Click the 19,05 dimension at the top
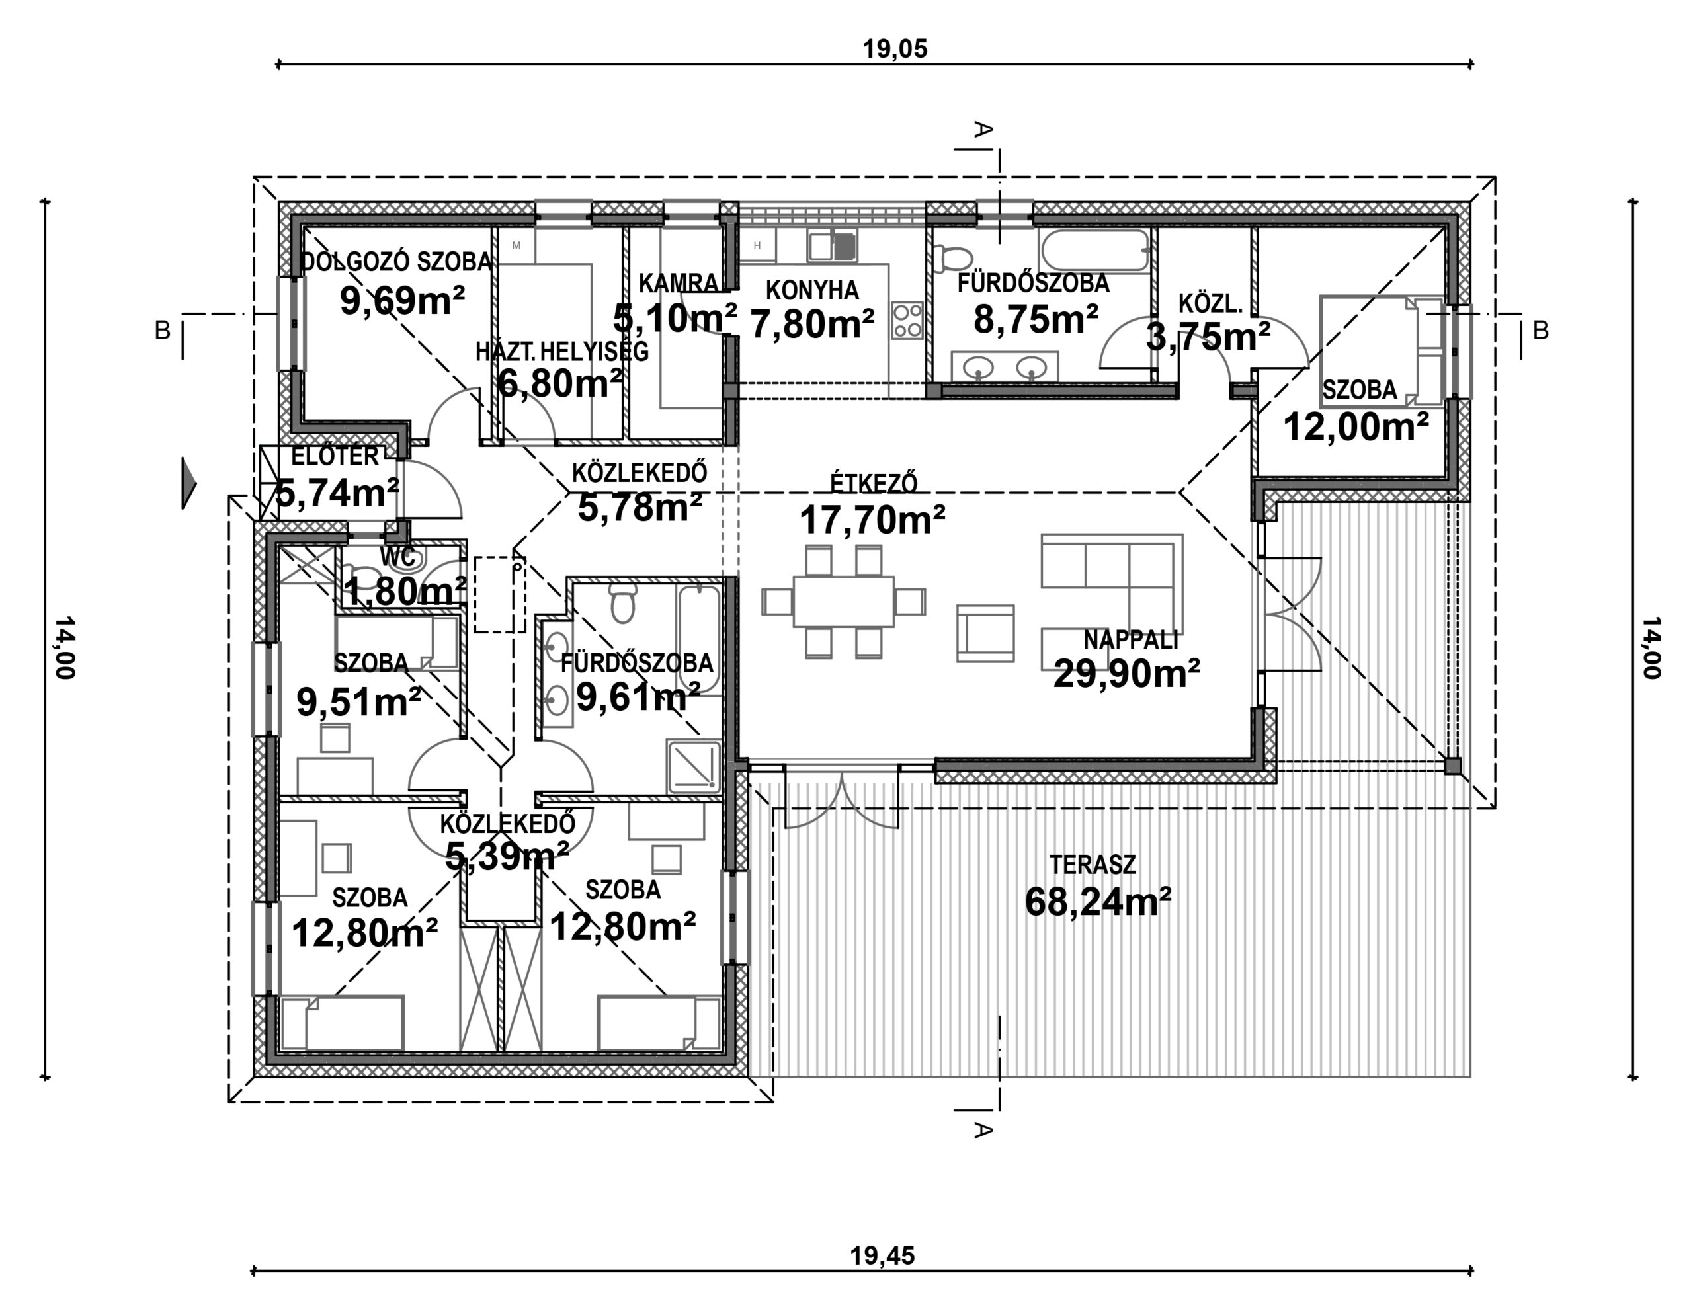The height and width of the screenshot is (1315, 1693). click(x=895, y=49)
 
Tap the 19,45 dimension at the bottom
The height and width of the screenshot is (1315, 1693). click(x=882, y=1255)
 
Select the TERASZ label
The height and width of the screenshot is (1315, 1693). click(x=1093, y=865)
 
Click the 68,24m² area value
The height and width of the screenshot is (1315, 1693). click(x=1098, y=901)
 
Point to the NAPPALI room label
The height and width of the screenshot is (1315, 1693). click(x=1130, y=640)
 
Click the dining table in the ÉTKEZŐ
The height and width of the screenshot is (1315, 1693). click(x=843, y=602)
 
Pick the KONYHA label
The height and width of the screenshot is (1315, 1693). click(x=811, y=291)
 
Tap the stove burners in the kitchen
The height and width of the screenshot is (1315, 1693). click(x=907, y=320)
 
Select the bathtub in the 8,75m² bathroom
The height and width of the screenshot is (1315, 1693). click(x=1094, y=251)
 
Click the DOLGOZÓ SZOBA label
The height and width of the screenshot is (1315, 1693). click(x=396, y=262)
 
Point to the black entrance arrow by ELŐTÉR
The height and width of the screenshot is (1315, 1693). click(x=188, y=483)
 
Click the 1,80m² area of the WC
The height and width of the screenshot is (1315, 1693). click(x=405, y=592)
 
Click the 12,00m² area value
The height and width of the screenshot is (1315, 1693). click(x=1356, y=426)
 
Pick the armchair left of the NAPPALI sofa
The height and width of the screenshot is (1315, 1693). click(x=985, y=634)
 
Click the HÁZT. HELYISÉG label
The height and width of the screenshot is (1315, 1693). click(x=562, y=352)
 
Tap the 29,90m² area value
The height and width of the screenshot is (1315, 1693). click(x=1126, y=674)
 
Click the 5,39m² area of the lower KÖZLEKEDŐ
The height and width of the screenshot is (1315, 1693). click(x=507, y=856)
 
